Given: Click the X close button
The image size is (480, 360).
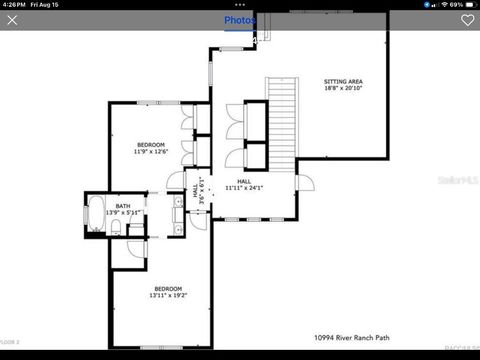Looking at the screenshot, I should [12, 20].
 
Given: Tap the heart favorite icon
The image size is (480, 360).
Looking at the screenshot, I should [467, 20].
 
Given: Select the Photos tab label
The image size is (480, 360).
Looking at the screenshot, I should [239, 20].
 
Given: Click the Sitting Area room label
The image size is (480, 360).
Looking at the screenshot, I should [344, 80].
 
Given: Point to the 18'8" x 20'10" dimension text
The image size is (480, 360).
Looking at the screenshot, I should [344, 88].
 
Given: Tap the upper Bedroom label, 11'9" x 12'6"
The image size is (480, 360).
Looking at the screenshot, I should [150, 145].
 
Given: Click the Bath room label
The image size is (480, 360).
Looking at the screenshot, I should [122, 206].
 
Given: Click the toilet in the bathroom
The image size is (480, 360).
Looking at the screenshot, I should [116, 230].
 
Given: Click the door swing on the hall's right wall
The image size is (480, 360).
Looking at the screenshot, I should [305, 184].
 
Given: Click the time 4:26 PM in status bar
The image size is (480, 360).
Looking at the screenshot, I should [13, 4].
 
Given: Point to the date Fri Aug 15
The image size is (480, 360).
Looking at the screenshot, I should [46, 4].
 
